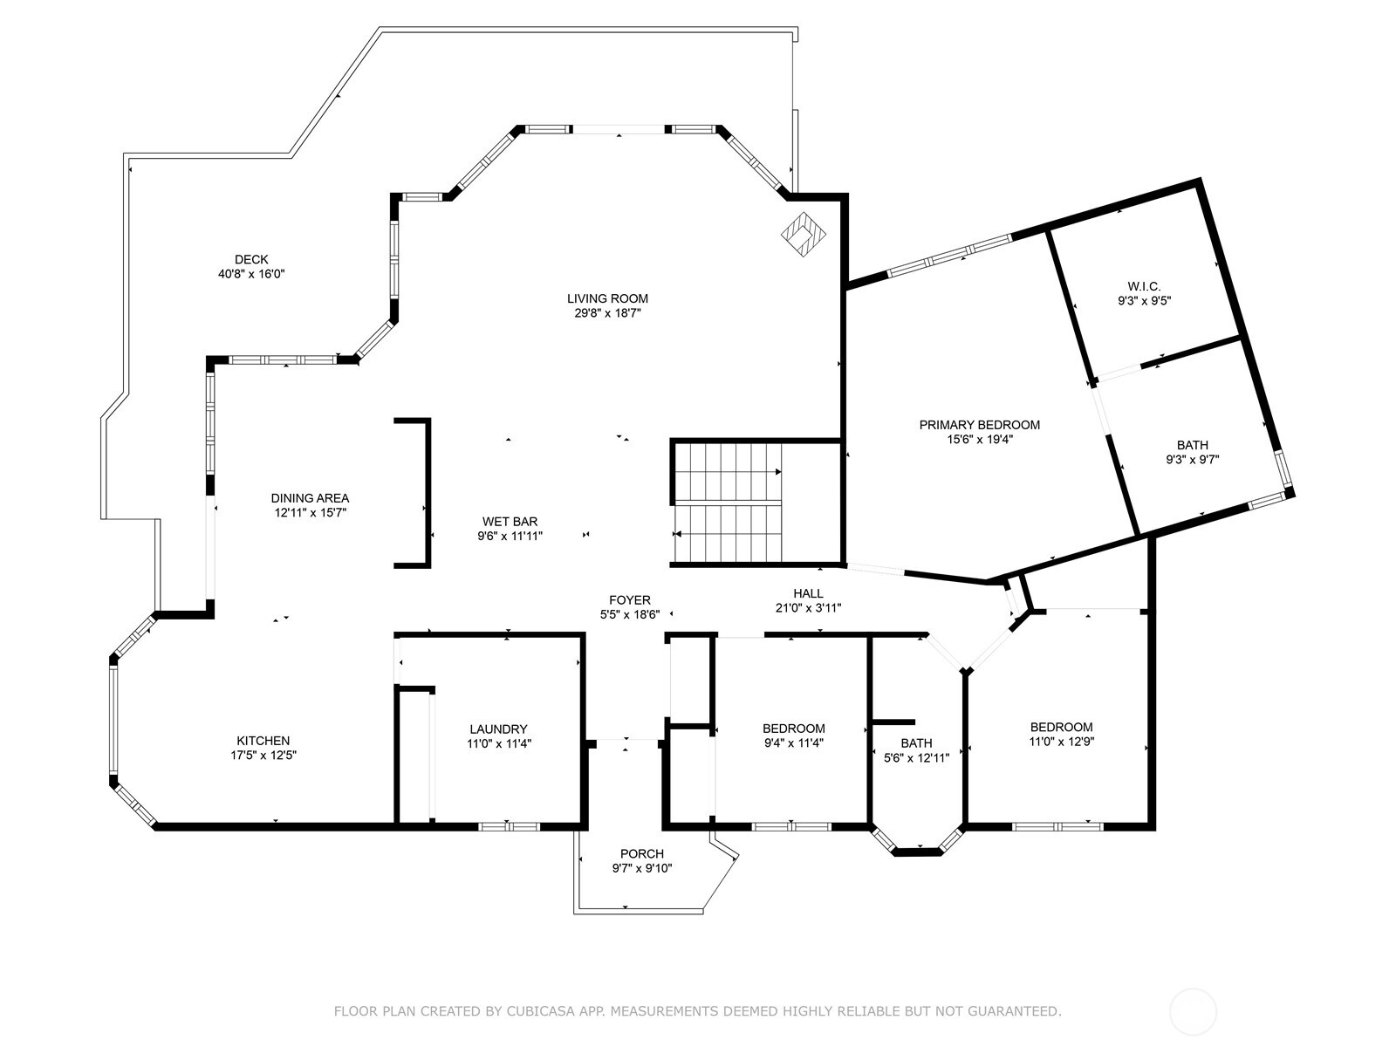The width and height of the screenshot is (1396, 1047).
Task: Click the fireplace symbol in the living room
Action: [x=804, y=235]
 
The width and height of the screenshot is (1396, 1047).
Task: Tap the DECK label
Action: [x=251, y=259]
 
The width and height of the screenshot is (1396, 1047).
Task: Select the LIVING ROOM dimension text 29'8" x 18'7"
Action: [x=607, y=312]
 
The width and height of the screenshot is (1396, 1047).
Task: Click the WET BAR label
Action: [x=510, y=521]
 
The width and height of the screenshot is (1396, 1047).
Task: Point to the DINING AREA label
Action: [x=310, y=498]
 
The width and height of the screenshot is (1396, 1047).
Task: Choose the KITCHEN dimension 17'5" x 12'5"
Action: [x=263, y=756]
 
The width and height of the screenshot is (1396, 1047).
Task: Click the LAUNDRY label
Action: [x=498, y=729]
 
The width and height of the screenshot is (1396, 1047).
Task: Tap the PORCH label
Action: [x=641, y=854]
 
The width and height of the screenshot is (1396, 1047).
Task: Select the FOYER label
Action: [x=630, y=600]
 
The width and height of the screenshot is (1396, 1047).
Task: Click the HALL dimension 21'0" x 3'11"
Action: [x=808, y=608]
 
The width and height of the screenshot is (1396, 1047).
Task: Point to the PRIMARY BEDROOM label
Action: [x=980, y=425]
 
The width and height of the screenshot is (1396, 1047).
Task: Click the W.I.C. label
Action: [x=1144, y=287]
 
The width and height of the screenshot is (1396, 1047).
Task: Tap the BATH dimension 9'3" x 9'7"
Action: [x=1192, y=460]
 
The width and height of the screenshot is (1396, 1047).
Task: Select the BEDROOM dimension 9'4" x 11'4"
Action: [x=793, y=742]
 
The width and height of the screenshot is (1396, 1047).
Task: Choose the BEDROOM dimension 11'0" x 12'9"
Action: [x=1062, y=742]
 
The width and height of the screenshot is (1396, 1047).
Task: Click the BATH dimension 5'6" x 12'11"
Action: [x=916, y=757]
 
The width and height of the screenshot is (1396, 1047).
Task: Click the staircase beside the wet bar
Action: [x=728, y=503]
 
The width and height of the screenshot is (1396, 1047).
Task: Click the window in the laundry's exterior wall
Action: [x=509, y=826]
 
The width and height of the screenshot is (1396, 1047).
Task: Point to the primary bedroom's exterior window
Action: [x=949, y=256]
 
